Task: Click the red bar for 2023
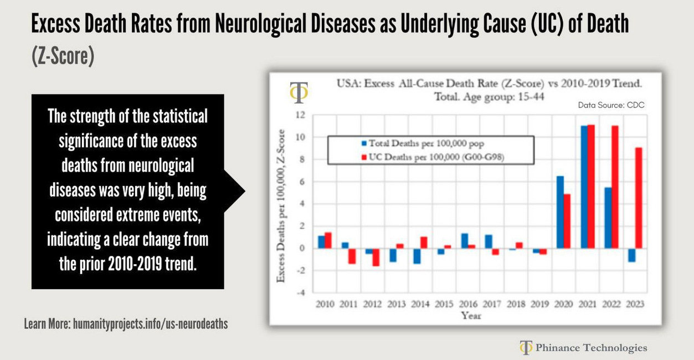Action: (639, 198)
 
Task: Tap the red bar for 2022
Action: (615, 187)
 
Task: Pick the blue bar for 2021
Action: (583, 187)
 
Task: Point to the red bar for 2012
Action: (376, 257)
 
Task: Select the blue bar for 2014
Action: (417, 256)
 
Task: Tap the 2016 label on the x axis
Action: (468, 304)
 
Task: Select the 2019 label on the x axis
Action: (540, 304)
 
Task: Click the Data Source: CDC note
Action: (611, 105)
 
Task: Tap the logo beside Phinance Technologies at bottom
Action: (525, 347)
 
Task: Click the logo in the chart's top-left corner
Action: (299, 93)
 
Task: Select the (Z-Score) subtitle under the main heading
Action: (63, 56)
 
